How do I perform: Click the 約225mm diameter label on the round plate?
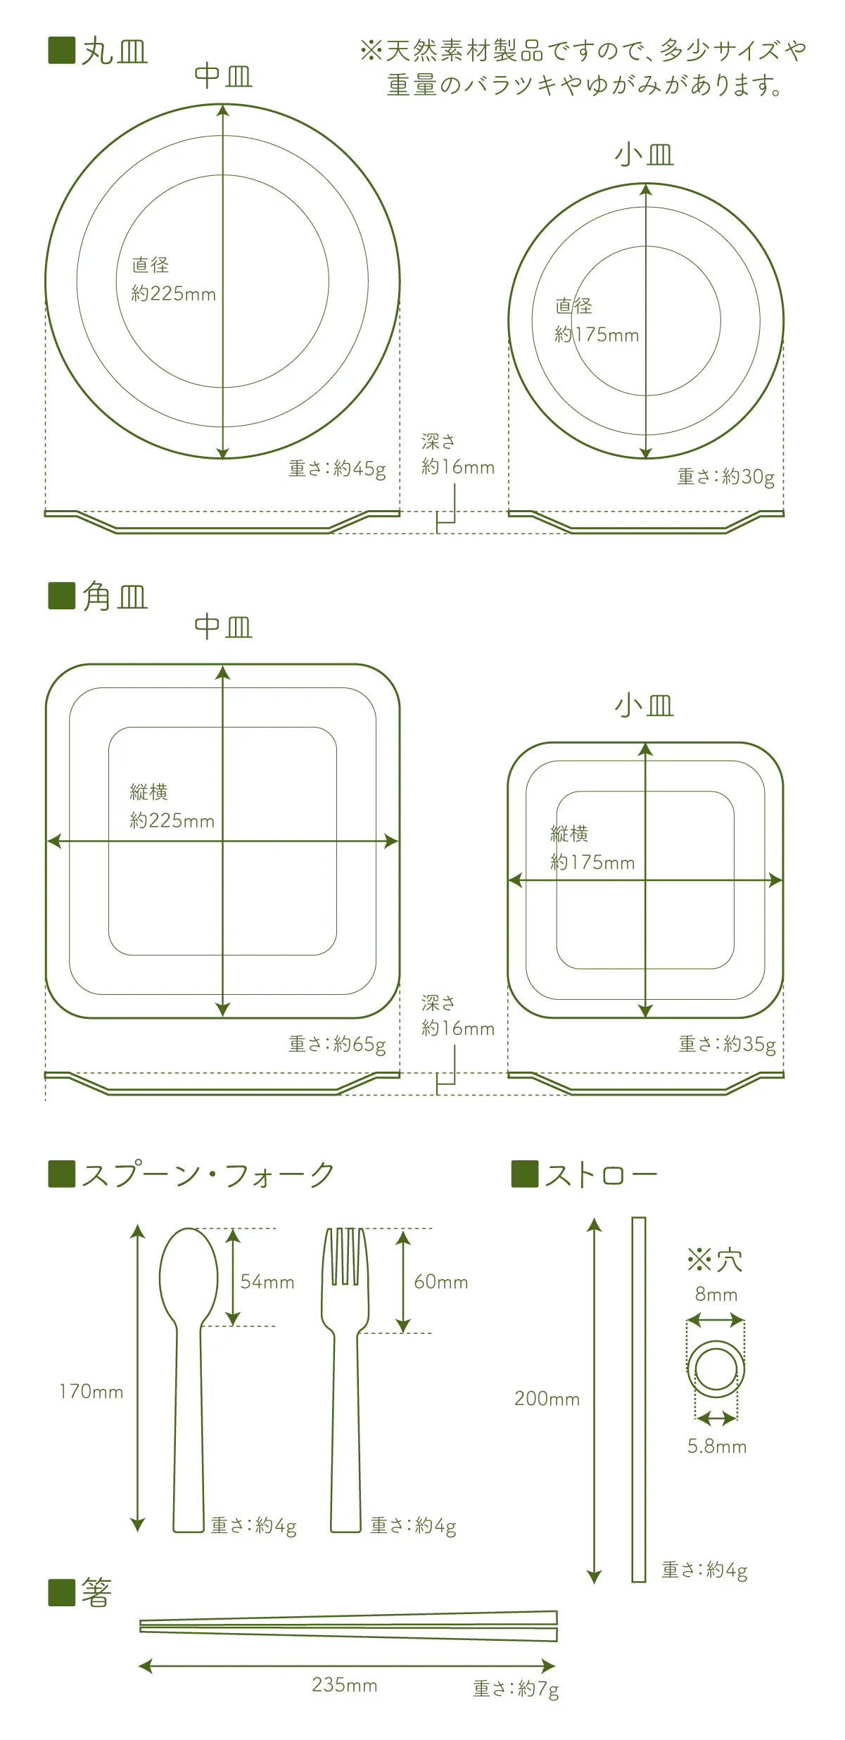pyautogui.click(x=173, y=293)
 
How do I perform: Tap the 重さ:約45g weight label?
pyautogui.click(x=337, y=469)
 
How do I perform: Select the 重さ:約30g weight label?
pyautogui.click(x=726, y=477)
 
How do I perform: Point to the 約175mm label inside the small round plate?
pyautogui.click(x=597, y=335)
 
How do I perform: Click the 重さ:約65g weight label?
pyautogui.click(x=337, y=1044)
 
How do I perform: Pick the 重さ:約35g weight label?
pyautogui.click(x=728, y=1044)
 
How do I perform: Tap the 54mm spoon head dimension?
pyautogui.click(x=267, y=1282)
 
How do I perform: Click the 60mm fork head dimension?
pyautogui.click(x=441, y=1282)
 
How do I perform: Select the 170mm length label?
pyautogui.click(x=91, y=1392)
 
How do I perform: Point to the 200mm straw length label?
pyautogui.click(x=547, y=1399)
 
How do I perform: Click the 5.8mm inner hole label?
pyautogui.click(x=717, y=1447)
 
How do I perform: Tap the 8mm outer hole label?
pyautogui.click(x=716, y=1295)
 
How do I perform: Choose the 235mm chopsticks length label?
pyautogui.click(x=345, y=1685)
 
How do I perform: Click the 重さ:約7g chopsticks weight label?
pyautogui.click(x=516, y=1689)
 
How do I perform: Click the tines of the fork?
pyautogui.click(x=345, y=1257)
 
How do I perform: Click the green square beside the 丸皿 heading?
pyautogui.click(x=61, y=50)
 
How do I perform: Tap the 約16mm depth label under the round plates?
pyautogui.click(x=458, y=467)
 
